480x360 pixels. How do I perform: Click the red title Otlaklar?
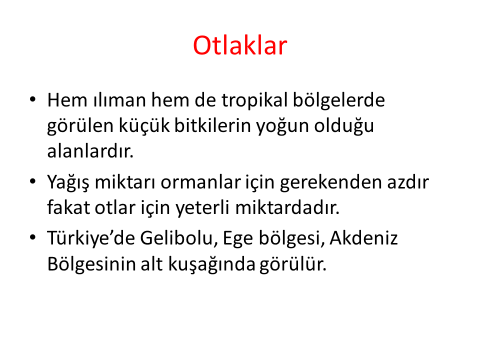point(240,45)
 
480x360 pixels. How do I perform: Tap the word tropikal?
point(254,101)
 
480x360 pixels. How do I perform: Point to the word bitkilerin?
point(212,125)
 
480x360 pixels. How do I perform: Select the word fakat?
point(68,207)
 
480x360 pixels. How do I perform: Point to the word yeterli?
point(202,208)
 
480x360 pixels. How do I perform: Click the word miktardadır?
point(287,207)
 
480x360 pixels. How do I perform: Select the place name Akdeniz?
point(363,237)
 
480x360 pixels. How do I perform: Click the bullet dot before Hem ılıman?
point(33,99)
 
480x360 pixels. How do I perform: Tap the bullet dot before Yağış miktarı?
point(33,181)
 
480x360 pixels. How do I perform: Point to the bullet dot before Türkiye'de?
point(33,237)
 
